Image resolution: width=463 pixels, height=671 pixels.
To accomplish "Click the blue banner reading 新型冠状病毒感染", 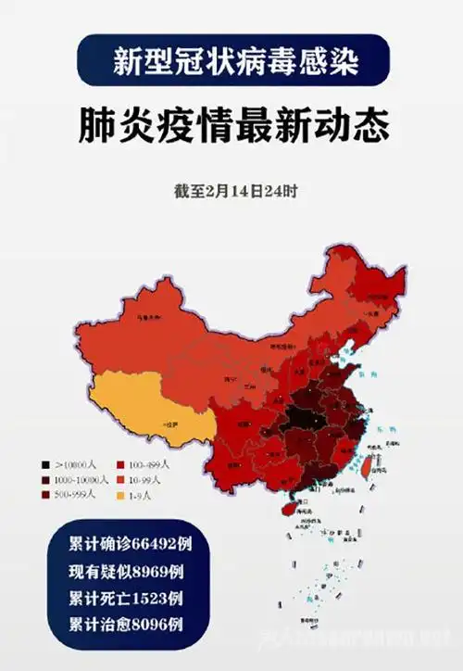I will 232,61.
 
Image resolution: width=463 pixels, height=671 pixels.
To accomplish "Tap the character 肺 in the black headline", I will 95,127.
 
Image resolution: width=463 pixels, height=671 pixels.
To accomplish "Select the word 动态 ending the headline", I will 349,127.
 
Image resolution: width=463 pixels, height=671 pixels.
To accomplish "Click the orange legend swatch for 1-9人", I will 121,496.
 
